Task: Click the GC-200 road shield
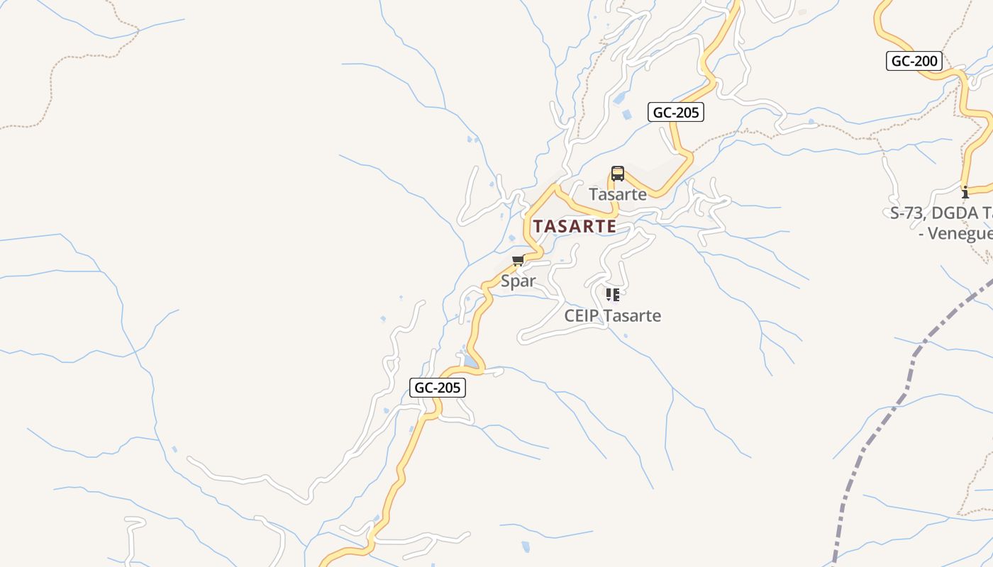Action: pos(914,61)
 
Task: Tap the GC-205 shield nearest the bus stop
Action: pos(675,112)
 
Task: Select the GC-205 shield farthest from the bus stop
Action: pos(438,388)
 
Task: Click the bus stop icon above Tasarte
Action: pos(617,174)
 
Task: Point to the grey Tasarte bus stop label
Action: pos(618,194)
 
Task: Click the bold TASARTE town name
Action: pos(575,227)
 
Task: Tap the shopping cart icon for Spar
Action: pos(518,261)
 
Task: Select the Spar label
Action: pos(518,281)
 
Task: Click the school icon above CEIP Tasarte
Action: pos(612,294)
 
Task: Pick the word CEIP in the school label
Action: pos(580,316)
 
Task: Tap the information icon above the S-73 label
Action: pos(965,192)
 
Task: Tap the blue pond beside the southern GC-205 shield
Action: pos(471,362)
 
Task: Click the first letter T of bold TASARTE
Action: pos(538,227)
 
